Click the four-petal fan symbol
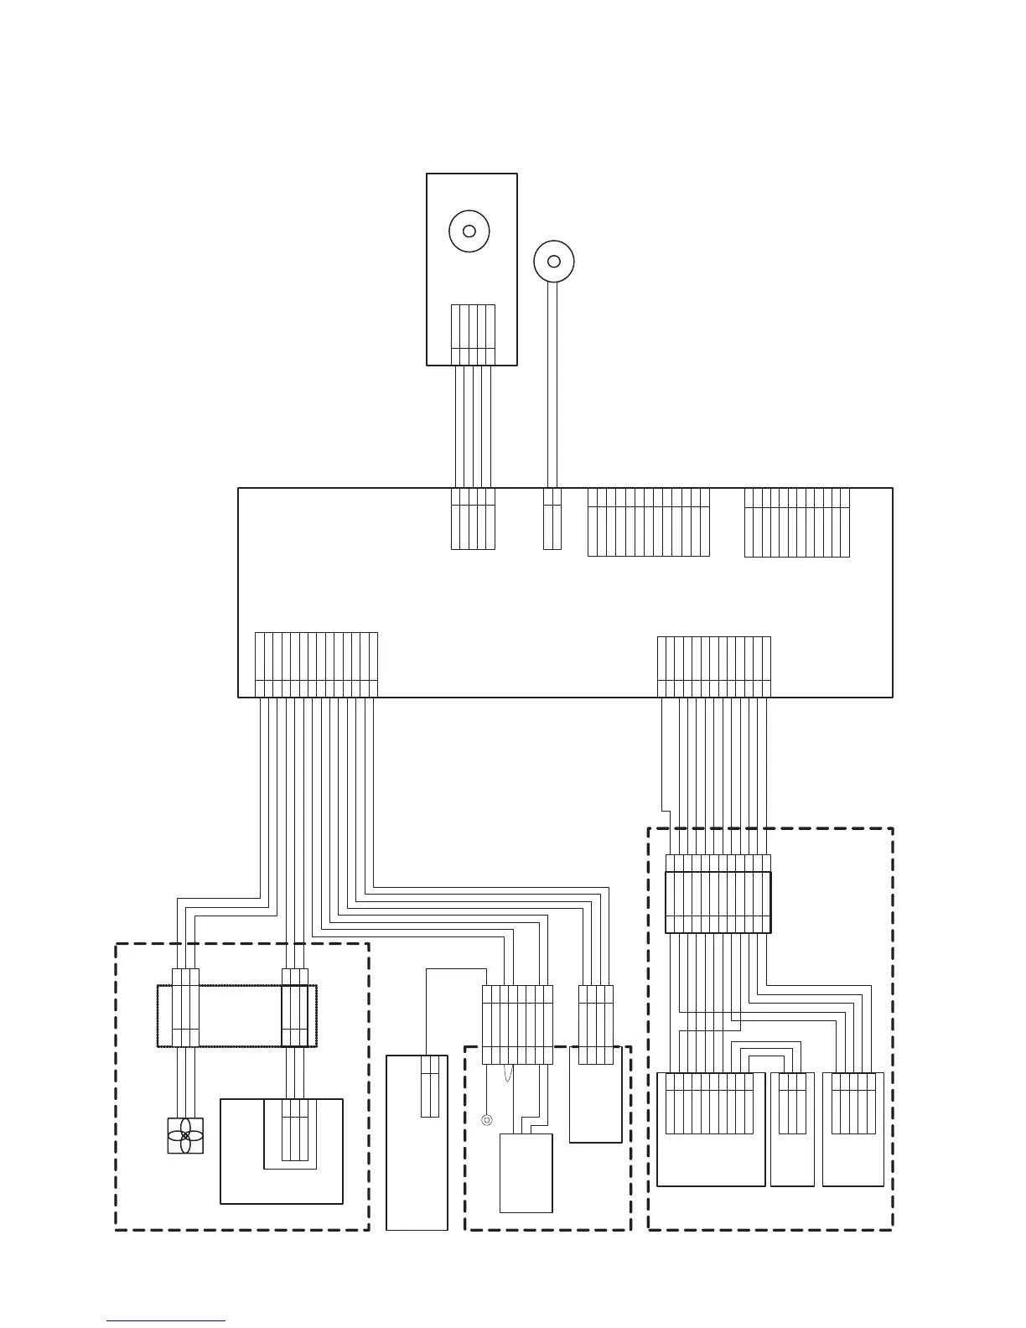(185, 1135)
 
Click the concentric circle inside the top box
(469, 231)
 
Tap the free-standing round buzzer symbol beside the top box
(553, 261)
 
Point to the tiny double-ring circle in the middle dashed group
(486, 1119)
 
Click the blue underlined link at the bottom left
(166, 1320)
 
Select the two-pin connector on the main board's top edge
(552, 519)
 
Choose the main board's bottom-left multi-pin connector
(316, 664)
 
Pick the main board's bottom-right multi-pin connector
(713, 667)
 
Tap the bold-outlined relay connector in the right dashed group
(718, 902)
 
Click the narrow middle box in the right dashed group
(792, 1128)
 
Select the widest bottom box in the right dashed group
(711, 1128)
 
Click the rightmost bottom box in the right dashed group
(853, 1128)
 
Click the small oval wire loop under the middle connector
(506, 1073)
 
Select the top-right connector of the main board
(796, 521)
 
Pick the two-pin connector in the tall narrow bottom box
(429, 1087)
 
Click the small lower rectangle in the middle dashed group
(526, 1173)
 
